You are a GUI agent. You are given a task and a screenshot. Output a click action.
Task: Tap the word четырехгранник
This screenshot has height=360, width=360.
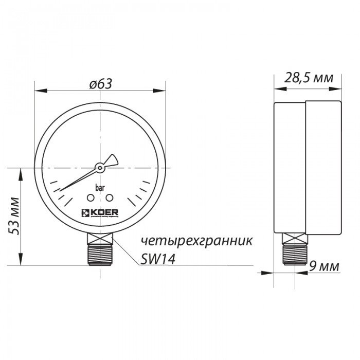(x=197, y=241)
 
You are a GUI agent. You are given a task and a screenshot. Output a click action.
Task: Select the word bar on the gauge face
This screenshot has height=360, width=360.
(x=100, y=188)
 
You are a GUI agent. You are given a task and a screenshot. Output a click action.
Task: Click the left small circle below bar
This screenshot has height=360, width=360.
(x=91, y=198)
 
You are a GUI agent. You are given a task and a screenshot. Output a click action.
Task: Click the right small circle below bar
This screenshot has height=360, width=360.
(x=109, y=198)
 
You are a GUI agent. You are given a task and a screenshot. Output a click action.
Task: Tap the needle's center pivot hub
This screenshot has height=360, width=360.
(x=100, y=167)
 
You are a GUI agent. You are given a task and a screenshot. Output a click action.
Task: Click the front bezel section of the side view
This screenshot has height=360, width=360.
(x=290, y=167)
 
